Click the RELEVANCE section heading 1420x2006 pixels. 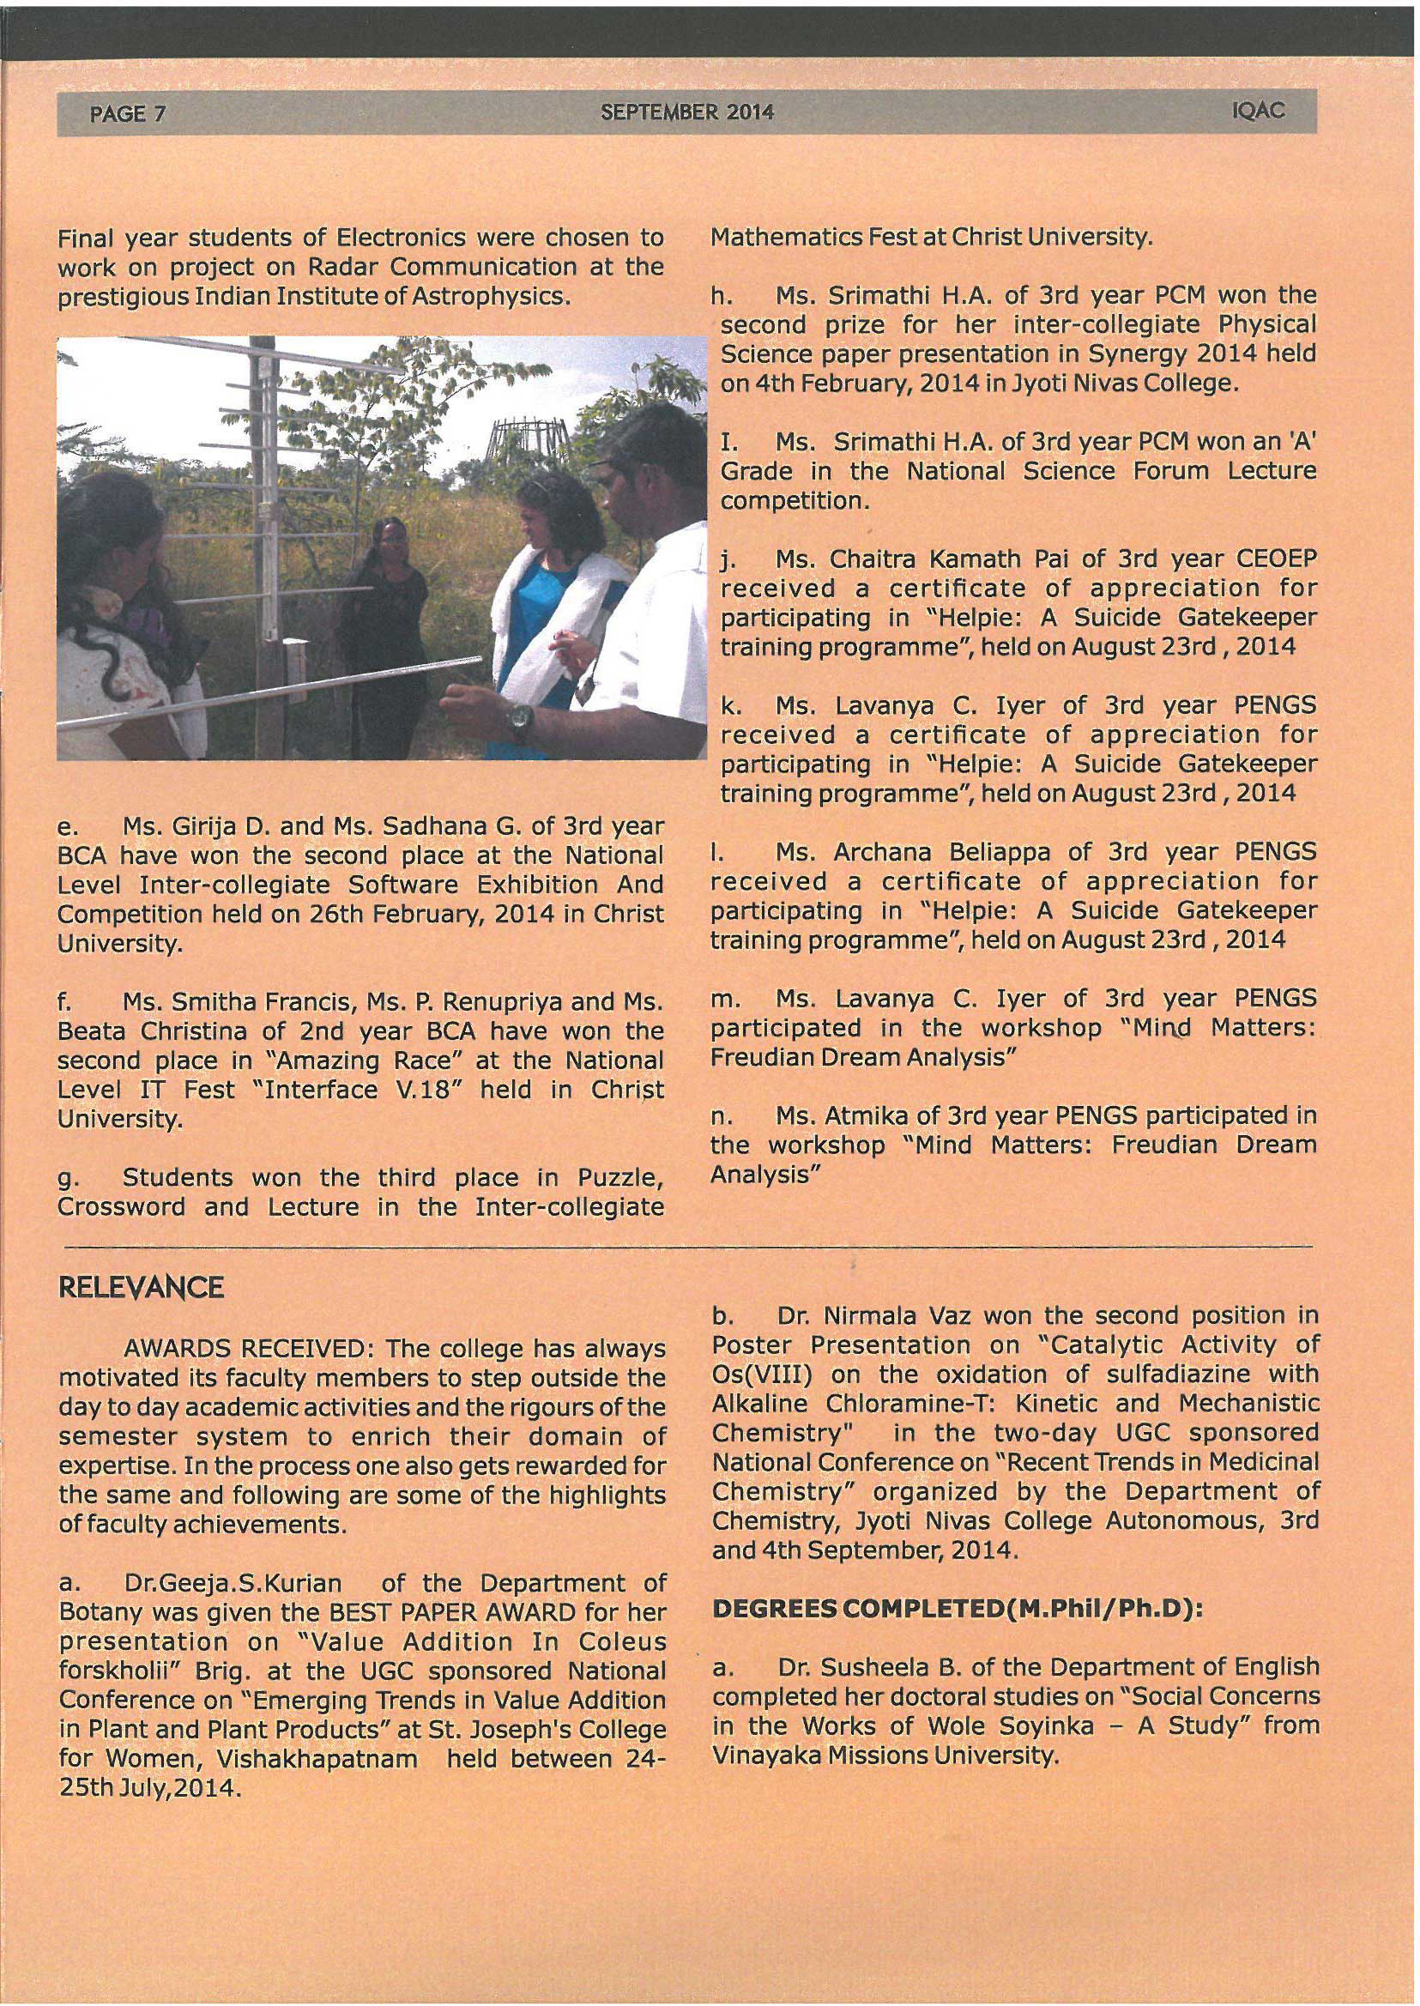click(x=141, y=1288)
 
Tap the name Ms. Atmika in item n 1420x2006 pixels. click(x=844, y=1115)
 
